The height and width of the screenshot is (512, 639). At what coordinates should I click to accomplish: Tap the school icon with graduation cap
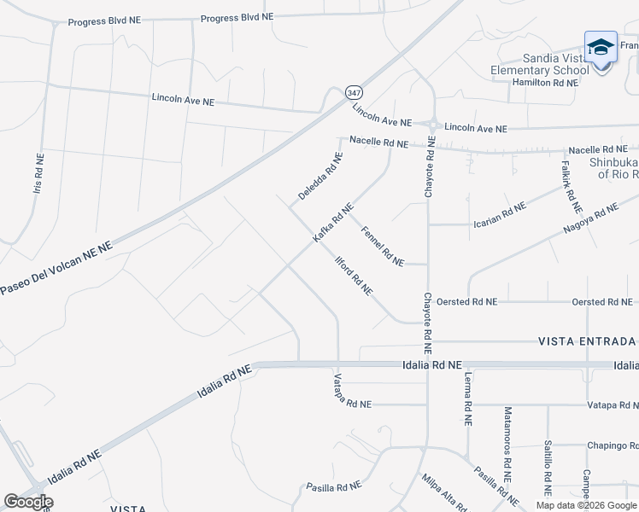click(601, 47)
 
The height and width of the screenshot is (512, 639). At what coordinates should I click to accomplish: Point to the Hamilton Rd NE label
click(545, 83)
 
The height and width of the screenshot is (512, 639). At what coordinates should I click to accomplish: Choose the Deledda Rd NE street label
click(320, 177)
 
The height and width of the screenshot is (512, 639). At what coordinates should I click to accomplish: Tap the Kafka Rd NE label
click(332, 223)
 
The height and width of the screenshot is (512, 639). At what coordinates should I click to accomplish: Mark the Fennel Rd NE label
click(382, 246)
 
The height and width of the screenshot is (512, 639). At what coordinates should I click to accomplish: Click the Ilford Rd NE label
click(354, 275)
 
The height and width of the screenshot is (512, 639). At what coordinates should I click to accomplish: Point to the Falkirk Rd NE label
click(572, 187)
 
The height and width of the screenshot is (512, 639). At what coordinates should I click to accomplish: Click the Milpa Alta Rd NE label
click(443, 492)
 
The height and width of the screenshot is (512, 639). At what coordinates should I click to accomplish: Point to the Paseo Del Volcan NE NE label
click(56, 268)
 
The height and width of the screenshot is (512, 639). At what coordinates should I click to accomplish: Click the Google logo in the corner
click(27, 502)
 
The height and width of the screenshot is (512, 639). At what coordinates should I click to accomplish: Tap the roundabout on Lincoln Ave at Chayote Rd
click(433, 125)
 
